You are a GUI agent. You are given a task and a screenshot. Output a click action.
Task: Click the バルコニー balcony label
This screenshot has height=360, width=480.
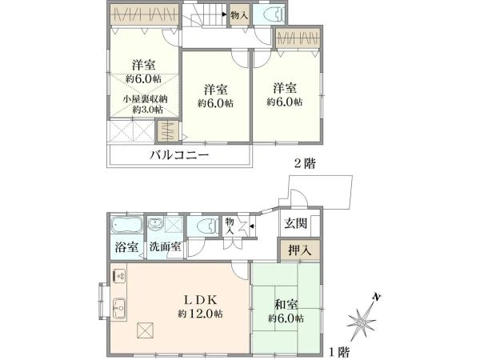179,155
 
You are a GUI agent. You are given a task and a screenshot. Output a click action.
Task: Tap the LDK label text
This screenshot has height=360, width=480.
201,300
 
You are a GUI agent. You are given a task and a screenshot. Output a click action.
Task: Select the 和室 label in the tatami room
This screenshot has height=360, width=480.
286,305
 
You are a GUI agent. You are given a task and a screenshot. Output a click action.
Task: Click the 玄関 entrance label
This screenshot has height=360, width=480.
295,223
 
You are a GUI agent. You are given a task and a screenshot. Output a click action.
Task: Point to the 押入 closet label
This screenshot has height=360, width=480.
300,250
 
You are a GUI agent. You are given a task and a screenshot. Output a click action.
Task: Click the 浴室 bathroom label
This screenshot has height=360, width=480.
126,247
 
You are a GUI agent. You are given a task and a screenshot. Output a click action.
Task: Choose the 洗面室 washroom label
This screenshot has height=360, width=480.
166,247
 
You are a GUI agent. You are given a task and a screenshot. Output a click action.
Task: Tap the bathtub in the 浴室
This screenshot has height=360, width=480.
126,226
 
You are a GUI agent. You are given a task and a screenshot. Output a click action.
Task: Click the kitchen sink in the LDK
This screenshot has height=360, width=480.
119,308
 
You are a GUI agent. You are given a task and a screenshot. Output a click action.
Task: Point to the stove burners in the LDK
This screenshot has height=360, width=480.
118,275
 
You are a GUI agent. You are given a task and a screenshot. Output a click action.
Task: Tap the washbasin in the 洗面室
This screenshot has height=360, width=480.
155,225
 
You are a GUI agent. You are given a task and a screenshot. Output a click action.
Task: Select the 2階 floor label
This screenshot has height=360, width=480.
305,164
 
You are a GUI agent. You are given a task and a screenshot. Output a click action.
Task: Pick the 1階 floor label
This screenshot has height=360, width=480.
339,352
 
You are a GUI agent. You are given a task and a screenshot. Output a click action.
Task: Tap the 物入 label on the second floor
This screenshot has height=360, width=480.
239,15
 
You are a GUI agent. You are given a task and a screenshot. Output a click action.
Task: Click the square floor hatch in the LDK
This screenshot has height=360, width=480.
146,330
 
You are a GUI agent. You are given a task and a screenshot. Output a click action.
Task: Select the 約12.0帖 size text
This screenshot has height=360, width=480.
201,314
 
